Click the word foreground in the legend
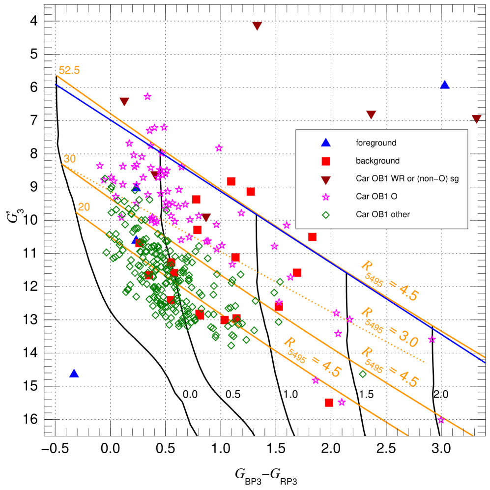(x=376, y=143)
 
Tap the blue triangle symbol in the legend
(x=325, y=143)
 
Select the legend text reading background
(x=377, y=161)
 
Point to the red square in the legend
(x=325, y=161)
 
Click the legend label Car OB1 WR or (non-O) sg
(x=407, y=178)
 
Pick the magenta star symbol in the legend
(x=325, y=197)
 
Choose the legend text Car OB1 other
(x=383, y=214)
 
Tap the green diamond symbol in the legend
(x=325, y=214)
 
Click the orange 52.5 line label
(x=69, y=70)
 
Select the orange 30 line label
(x=70, y=159)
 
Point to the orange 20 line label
(x=84, y=207)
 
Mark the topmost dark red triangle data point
(x=257, y=26)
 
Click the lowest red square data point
(x=329, y=402)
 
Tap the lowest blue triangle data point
(x=74, y=373)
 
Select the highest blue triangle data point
(x=444, y=85)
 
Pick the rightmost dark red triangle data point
(x=476, y=119)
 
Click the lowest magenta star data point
(x=441, y=420)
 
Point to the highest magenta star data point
(x=147, y=96)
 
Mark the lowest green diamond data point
(x=363, y=374)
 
